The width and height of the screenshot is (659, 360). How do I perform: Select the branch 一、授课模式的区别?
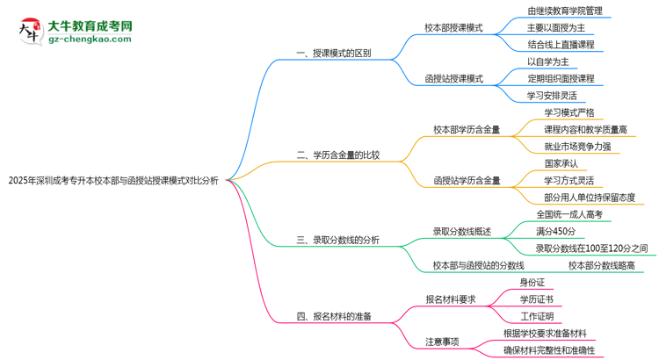(333, 53)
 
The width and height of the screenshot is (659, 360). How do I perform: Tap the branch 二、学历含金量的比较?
(338, 155)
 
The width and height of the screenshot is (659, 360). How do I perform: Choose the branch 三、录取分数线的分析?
(338, 241)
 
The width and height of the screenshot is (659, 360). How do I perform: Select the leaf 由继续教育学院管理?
(564, 11)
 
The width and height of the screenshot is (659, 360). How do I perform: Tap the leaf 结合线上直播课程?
(561, 43)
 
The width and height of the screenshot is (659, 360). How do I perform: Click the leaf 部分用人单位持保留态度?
(589, 197)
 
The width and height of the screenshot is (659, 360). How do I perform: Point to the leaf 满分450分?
(555, 231)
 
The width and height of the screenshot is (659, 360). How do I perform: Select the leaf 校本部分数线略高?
(600, 264)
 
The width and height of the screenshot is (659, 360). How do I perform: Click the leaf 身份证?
(532, 282)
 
